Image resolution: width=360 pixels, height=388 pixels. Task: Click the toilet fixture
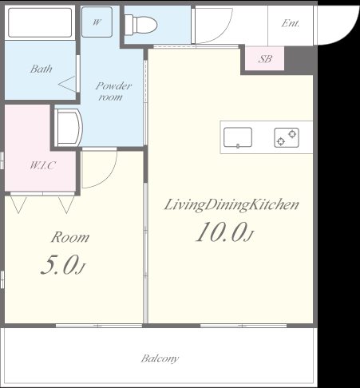(141, 25)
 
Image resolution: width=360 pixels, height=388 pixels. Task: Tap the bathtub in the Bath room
(40, 22)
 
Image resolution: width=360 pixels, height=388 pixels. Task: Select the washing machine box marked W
(97, 22)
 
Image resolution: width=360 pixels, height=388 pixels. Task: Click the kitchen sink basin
(238, 137)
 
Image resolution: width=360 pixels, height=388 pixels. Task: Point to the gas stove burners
(287, 137)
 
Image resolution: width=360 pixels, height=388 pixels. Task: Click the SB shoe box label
(265, 59)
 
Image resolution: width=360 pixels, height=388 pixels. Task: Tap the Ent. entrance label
(291, 23)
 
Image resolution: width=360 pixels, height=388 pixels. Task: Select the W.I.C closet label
(42, 165)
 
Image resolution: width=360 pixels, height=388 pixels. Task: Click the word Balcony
(160, 358)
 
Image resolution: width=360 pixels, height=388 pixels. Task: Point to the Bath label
(41, 69)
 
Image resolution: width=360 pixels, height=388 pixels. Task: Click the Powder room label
(113, 91)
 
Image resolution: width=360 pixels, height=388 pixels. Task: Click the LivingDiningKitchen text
(231, 205)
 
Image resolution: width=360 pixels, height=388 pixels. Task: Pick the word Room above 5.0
(70, 237)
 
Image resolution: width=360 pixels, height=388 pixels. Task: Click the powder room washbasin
(69, 128)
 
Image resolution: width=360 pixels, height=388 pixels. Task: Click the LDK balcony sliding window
(243, 326)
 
